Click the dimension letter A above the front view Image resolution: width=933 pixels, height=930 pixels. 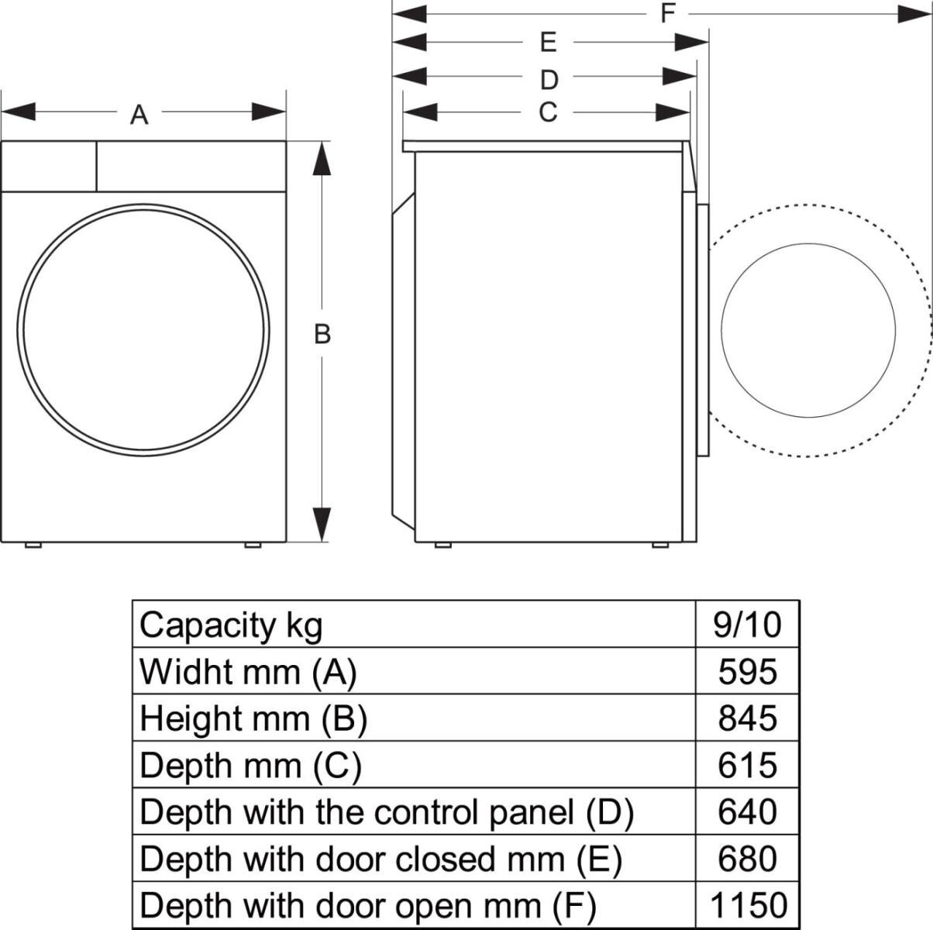(139, 115)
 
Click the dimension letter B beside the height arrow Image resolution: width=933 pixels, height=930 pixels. (322, 334)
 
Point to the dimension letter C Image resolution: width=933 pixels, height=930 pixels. (548, 112)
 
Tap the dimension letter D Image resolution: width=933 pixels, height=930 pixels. (549, 79)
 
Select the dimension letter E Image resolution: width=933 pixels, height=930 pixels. (548, 42)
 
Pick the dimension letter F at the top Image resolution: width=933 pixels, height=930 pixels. (668, 13)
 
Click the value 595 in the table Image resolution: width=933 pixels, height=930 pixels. (747, 672)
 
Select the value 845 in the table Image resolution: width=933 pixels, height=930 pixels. (747, 718)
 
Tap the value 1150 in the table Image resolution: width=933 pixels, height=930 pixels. (747, 905)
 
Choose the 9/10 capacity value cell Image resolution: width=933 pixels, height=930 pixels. (747, 625)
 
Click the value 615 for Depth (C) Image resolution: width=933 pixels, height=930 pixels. (747, 765)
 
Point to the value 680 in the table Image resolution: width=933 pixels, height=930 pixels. (747, 859)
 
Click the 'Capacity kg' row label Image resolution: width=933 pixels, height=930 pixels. (231, 625)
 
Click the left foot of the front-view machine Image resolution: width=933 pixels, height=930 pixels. (33, 545)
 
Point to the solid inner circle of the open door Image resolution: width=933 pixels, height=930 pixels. (808, 329)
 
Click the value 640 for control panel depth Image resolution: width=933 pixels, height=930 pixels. (747, 812)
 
